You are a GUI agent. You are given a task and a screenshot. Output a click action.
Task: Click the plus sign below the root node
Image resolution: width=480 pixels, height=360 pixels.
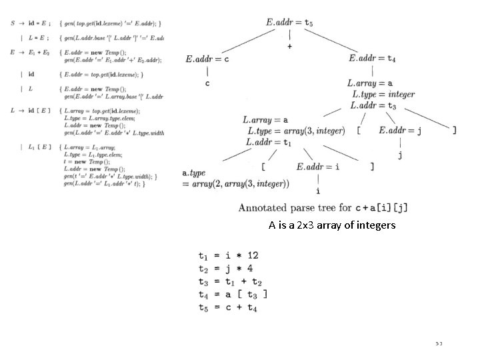(290, 47)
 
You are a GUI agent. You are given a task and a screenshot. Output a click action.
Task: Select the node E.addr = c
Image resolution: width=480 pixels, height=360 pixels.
(208, 59)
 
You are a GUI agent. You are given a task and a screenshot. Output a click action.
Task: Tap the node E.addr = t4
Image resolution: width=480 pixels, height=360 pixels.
(372, 59)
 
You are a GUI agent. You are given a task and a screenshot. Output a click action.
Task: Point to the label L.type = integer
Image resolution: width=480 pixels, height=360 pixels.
(383, 95)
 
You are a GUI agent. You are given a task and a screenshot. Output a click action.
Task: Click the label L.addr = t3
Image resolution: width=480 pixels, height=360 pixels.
(373, 105)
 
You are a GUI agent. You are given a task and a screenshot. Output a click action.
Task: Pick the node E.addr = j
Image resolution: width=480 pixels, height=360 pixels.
(400, 131)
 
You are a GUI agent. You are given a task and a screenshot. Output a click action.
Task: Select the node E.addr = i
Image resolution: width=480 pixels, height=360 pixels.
(319, 167)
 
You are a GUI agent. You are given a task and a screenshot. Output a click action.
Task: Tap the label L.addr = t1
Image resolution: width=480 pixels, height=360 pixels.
(269, 142)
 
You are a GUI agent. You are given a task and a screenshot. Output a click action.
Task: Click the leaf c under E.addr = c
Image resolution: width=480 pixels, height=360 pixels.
(207, 83)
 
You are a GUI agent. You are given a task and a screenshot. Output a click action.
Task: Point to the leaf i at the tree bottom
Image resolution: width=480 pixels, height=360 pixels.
(318, 190)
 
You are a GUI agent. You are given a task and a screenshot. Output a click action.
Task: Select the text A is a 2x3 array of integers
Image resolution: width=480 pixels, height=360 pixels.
(332, 225)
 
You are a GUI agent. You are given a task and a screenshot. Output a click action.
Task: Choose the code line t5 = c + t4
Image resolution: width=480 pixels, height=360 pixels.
(227, 307)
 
